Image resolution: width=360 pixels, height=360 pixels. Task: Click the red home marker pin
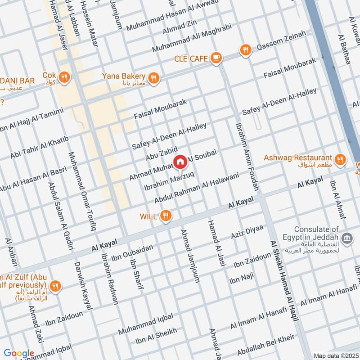click(180, 162)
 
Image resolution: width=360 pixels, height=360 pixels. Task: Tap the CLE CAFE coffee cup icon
click(216, 58)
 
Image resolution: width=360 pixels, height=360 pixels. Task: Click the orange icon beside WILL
click(166, 216)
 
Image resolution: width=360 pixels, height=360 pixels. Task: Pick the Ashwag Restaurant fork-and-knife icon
click(340, 158)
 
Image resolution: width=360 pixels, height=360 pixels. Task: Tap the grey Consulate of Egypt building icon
click(347, 238)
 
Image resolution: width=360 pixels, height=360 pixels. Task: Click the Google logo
click(19, 353)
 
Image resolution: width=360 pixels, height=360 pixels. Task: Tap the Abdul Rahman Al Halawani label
click(203, 188)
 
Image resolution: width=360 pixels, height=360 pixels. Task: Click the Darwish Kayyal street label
click(83, 286)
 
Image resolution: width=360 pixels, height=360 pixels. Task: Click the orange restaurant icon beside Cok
click(65, 78)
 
